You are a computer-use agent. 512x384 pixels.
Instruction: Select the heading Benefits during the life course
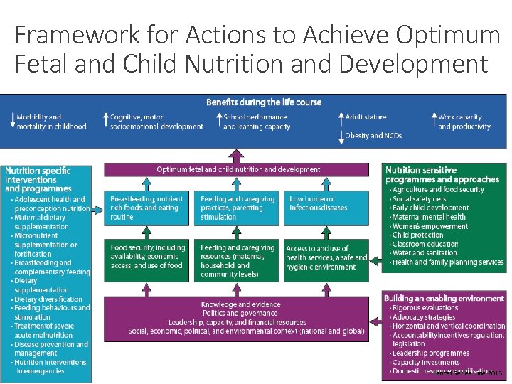tap(264, 102)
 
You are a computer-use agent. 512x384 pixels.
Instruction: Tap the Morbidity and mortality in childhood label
tap(48, 122)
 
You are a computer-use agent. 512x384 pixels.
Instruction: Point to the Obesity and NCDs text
tap(373, 135)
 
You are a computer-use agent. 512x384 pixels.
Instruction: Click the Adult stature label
tap(367, 117)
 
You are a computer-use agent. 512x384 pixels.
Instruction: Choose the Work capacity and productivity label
tap(464, 122)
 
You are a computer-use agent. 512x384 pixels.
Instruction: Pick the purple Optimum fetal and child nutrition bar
tap(238, 169)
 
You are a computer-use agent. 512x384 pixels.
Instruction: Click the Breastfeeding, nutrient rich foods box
tap(147, 208)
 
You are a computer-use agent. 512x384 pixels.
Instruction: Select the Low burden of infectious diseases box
tap(326, 204)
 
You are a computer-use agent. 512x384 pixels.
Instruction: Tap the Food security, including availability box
tap(147, 257)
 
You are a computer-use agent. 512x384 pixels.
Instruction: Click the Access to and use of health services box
tap(326, 257)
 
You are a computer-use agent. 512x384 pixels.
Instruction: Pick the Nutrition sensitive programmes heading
tap(442, 174)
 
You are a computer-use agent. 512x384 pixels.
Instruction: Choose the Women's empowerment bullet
tap(431, 226)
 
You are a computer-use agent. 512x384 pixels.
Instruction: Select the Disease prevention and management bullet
tap(52, 348)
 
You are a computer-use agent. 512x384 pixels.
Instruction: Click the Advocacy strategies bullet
tap(425, 317)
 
